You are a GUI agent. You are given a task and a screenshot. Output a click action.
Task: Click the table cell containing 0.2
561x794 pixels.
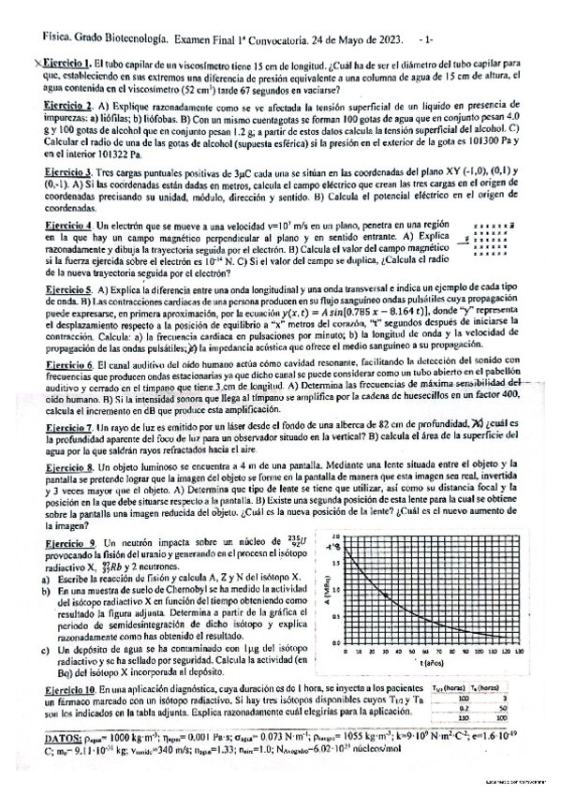[462, 708]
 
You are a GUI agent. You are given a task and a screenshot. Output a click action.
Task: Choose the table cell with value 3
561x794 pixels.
[504, 698]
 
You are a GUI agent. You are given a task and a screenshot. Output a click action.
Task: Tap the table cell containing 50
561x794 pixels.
[503, 708]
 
